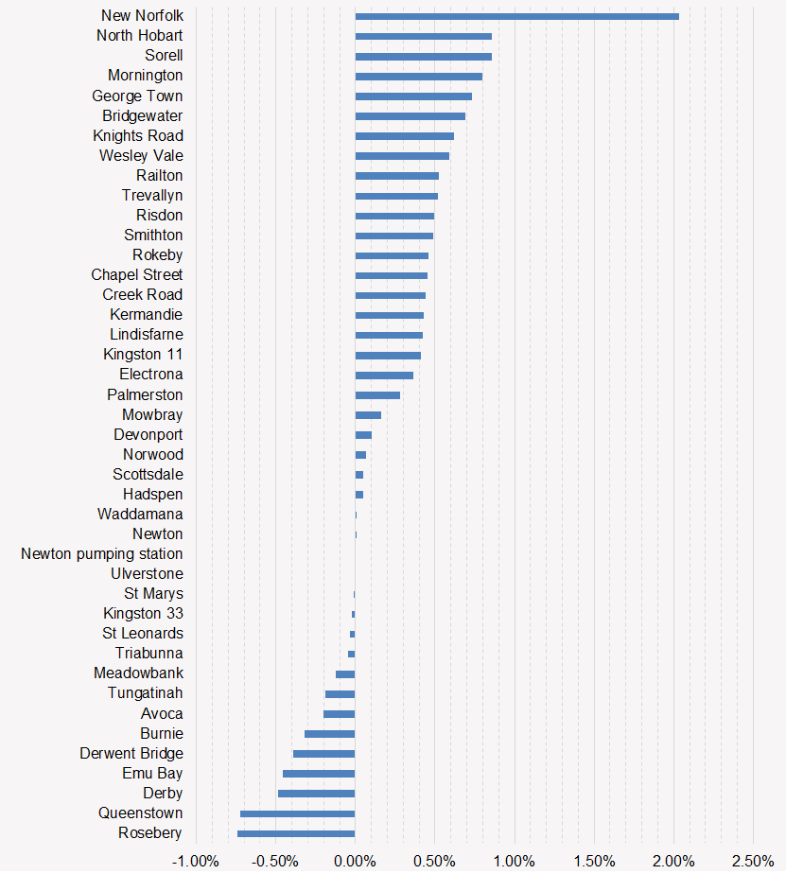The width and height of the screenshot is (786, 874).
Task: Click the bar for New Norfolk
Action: click(x=516, y=16)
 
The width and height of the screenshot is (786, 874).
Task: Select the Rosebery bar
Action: click(x=296, y=833)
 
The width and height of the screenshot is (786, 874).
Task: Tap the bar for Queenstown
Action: click(x=297, y=813)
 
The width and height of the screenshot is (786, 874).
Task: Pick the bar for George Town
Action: click(x=413, y=96)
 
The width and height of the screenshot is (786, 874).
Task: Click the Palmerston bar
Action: click(x=377, y=395)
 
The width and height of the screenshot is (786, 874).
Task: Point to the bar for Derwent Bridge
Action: click(x=323, y=754)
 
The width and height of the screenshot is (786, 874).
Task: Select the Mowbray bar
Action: click(x=368, y=415)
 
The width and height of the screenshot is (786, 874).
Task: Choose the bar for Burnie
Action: click(x=329, y=734)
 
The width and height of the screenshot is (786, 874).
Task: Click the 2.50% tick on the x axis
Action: click(x=753, y=861)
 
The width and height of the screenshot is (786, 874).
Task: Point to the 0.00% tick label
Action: click(x=355, y=861)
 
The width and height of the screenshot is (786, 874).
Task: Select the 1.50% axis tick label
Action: click(x=593, y=861)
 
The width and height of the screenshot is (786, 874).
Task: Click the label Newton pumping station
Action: click(x=102, y=554)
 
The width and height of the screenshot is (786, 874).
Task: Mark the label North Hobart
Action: click(x=140, y=36)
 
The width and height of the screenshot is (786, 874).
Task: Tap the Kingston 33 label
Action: click(x=143, y=614)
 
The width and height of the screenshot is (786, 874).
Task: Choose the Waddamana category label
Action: click(x=140, y=515)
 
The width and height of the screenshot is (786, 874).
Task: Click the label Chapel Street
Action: click(x=137, y=275)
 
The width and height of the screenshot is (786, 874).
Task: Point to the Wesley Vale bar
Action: click(x=402, y=156)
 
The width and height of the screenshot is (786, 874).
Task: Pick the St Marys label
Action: click(x=153, y=594)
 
